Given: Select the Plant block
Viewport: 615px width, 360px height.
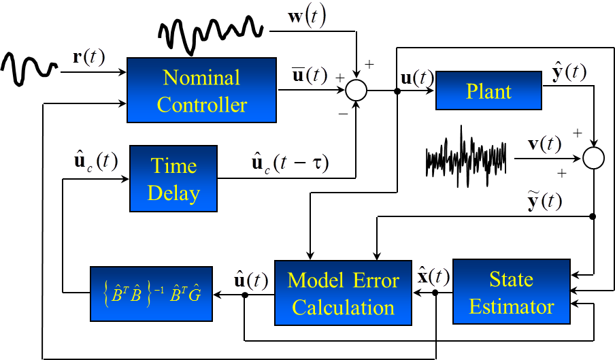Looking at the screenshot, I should coord(488,91).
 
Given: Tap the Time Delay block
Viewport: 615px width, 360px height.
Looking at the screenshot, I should coord(173,178).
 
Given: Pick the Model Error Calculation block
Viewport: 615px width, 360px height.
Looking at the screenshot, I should coord(344,293).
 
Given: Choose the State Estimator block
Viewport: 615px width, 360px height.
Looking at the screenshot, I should coord(511,292).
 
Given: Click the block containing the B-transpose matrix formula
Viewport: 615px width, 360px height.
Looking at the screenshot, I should coord(150,295).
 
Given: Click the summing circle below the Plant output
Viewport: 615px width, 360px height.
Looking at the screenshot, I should coord(594,159).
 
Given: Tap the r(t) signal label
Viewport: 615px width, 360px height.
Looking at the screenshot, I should coord(88,57).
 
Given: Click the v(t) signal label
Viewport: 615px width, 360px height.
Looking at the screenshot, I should coord(545,144).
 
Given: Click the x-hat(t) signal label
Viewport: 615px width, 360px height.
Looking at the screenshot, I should coord(432,276).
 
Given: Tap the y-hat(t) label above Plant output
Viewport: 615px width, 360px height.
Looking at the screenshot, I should coord(569,71).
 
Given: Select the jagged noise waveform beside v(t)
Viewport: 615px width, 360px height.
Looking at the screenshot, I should coord(465,157).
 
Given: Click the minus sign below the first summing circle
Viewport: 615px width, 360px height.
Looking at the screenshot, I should coord(342,114).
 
